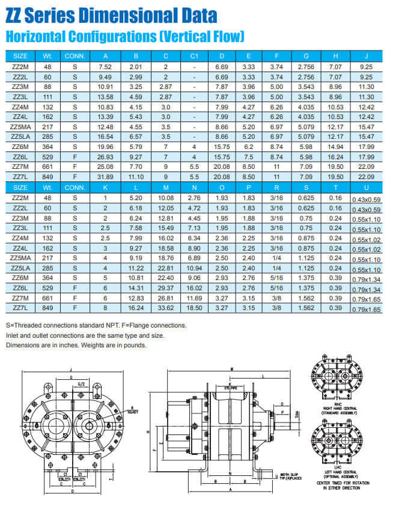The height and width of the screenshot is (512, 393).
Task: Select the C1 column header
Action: coord(194,56)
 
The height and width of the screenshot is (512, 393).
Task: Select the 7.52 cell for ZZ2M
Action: coord(105,67)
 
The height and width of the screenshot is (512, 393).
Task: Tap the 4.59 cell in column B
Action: coord(135,97)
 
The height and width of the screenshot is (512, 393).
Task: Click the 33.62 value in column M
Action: coord(165,309)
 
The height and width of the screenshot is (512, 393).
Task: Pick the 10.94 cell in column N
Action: coord(194,269)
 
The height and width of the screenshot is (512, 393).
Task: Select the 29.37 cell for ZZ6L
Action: coord(165,289)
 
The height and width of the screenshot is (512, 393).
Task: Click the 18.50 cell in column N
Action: coord(194,309)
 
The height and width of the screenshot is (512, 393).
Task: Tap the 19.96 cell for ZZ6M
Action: coord(105,146)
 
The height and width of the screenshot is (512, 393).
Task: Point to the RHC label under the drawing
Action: coord(337,404)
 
